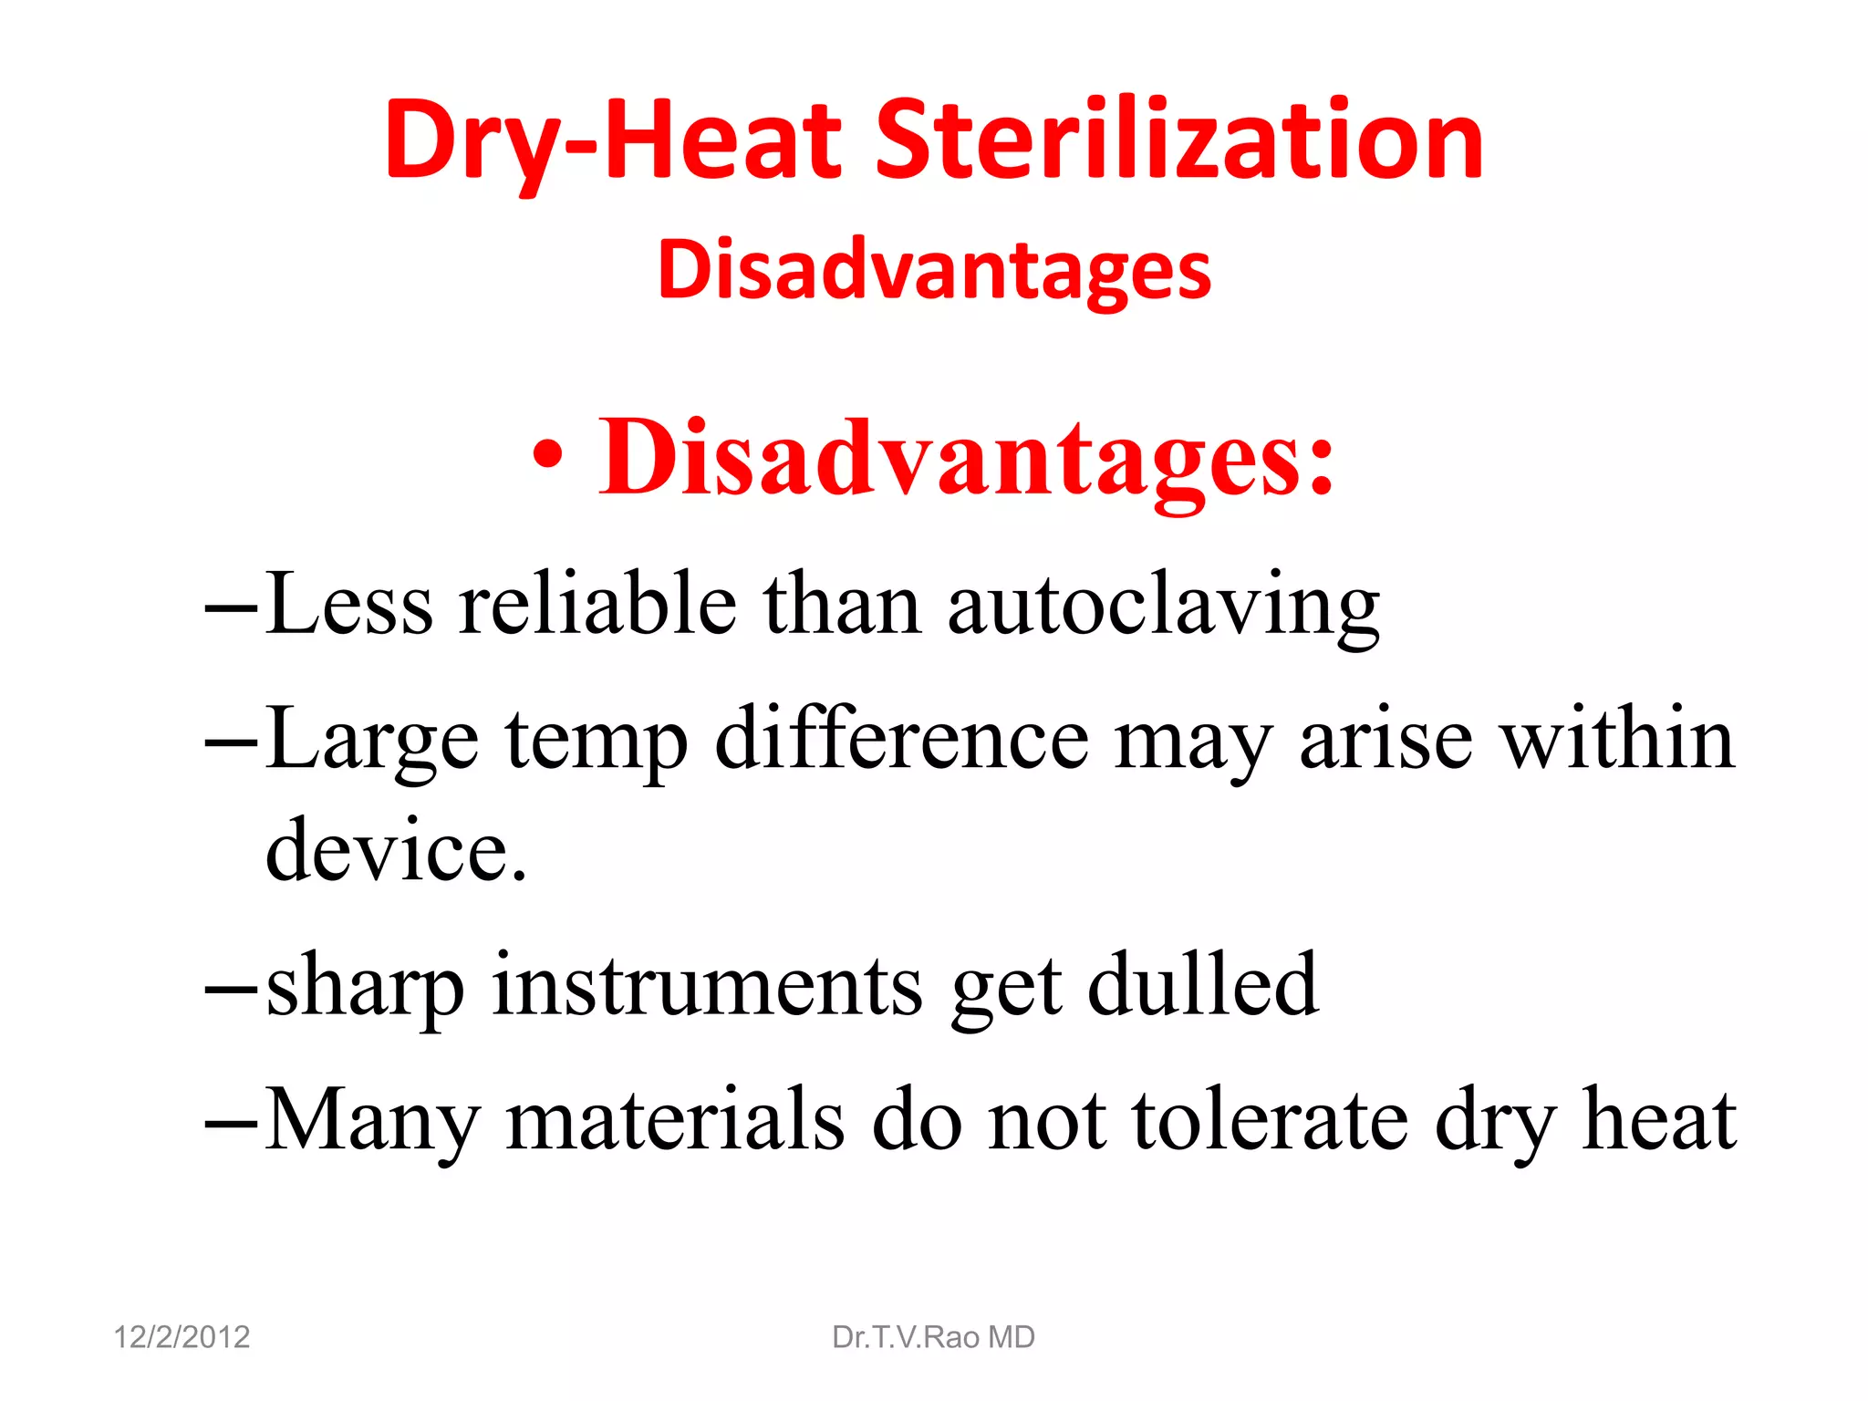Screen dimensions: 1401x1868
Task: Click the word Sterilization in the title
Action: pos(1179,141)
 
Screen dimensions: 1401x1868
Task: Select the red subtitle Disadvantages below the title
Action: pos(934,270)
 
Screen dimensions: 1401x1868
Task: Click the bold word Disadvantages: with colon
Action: pos(967,457)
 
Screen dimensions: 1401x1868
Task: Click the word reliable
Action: pos(597,605)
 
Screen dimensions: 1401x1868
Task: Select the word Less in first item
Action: pos(349,605)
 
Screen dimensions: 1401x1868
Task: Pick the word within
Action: pos(1617,739)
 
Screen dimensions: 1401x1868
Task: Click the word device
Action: pos(395,850)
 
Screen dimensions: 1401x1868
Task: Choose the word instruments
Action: pos(707,985)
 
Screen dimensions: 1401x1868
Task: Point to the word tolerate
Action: pos(1270,1120)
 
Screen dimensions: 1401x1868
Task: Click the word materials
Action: pos(675,1120)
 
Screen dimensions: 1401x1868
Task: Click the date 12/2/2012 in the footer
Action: pos(182,1337)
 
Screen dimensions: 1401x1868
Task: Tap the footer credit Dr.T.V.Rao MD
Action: pos(933,1337)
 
